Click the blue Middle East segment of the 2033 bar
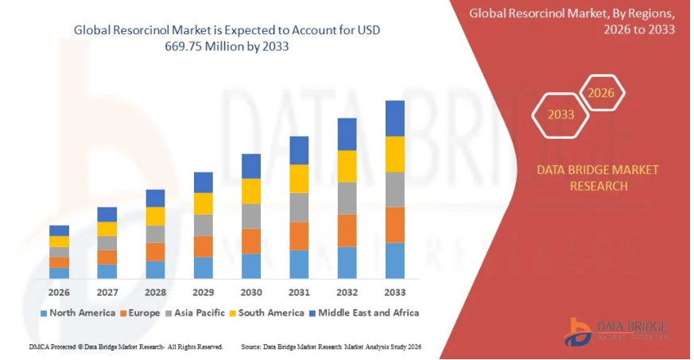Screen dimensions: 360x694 click(395, 118)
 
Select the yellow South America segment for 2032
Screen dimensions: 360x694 click(347, 166)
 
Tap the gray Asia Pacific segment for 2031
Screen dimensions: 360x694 click(299, 207)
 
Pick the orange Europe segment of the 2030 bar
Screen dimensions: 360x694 click(251, 241)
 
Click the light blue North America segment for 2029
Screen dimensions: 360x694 click(204, 267)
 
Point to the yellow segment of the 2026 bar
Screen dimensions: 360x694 click(59, 242)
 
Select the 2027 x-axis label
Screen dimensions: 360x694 click(107, 292)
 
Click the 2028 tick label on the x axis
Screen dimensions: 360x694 click(155, 292)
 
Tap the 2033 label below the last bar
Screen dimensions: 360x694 click(395, 292)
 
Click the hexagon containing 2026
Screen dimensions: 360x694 click(601, 94)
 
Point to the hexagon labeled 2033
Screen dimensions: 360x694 click(560, 114)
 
